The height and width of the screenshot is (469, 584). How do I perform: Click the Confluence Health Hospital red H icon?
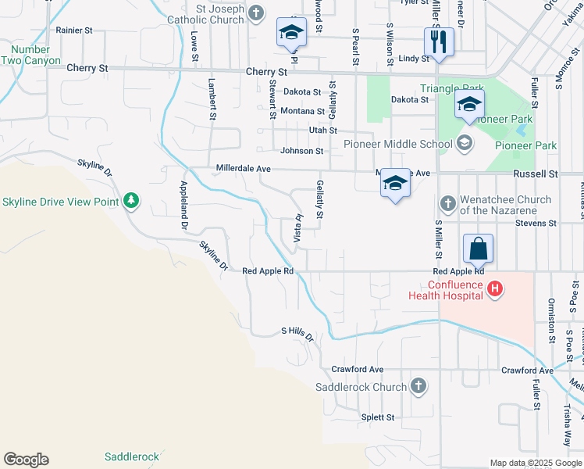(494, 289)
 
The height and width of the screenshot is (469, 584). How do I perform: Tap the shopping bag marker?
(478, 249)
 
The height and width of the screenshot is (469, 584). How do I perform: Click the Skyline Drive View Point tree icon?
(131, 201)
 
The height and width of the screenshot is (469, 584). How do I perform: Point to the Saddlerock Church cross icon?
(418, 386)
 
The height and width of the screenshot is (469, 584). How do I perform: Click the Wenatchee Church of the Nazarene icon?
(447, 205)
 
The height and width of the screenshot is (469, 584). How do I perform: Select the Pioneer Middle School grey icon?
(465, 142)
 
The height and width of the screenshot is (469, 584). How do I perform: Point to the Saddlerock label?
(132, 456)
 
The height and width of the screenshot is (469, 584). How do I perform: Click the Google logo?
(26, 460)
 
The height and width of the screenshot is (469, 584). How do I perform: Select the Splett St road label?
(378, 417)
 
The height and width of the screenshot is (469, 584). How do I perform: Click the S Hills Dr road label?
(297, 332)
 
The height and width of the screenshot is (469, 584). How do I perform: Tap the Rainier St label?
(74, 30)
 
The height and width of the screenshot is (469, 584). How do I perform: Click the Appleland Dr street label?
(184, 204)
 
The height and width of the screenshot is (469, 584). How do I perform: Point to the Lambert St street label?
(212, 98)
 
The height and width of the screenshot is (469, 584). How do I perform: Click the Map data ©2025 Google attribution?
(536, 463)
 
